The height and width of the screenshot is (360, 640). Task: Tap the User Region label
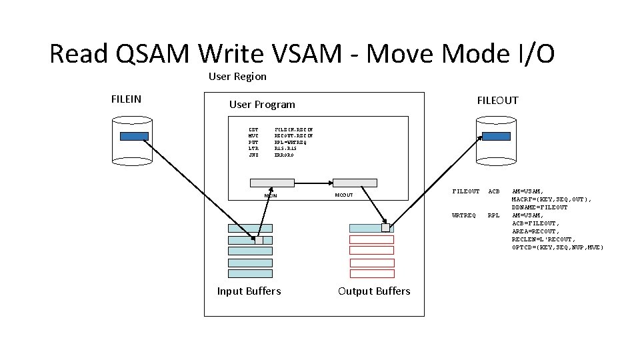pyautogui.click(x=237, y=77)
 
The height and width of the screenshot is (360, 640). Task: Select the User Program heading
pyautogui.click(x=262, y=105)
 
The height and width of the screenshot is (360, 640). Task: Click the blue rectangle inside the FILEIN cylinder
pyautogui.click(x=134, y=136)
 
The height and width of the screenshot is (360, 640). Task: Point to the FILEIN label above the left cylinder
pyautogui.click(x=126, y=99)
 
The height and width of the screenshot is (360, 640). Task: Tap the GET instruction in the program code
pyautogui.click(x=253, y=129)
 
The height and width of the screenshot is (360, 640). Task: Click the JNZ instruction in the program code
pyautogui.click(x=253, y=155)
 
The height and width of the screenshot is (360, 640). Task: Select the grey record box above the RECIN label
pyautogui.click(x=272, y=183)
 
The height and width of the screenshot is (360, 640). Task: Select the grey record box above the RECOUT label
pyautogui.click(x=355, y=183)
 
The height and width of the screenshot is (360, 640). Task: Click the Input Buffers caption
pyautogui.click(x=249, y=291)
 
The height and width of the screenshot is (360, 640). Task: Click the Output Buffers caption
pyautogui.click(x=374, y=291)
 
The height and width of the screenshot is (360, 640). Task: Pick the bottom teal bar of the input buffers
pyautogui.click(x=250, y=273)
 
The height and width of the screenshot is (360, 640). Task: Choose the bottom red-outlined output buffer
pyautogui.click(x=372, y=273)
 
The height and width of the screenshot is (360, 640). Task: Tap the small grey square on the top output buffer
pyautogui.click(x=385, y=227)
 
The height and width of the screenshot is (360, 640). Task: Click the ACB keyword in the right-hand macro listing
pyautogui.click(x=494, y=191)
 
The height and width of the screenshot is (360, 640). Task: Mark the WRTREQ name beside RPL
pyautogui.click(x=464, y=215)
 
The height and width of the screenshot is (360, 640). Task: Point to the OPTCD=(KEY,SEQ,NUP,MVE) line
pyautogui.click(x=557, y=247)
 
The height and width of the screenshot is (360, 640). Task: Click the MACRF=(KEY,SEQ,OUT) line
pyautogui.click(x=551, y=199)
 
